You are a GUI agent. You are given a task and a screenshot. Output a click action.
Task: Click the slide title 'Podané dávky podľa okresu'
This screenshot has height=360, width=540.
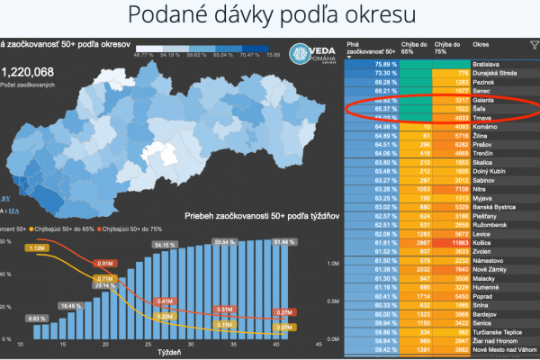269,17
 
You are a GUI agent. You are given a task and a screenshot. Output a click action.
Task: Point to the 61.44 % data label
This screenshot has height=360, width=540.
283,242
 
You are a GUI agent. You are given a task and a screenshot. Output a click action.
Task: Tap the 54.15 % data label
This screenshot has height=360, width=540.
164,245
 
